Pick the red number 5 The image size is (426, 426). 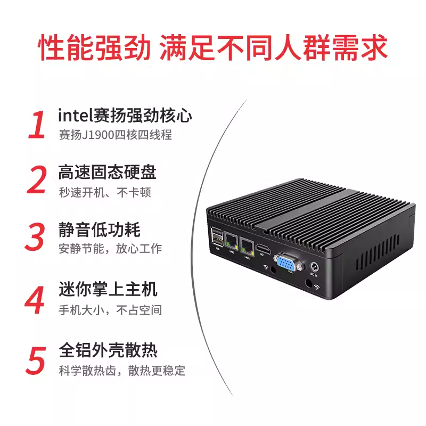37,359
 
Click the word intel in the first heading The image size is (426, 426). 75,116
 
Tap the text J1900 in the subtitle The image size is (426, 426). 96,135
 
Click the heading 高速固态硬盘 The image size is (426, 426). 107,173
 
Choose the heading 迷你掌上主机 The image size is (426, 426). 108,290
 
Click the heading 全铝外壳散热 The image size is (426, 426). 108,350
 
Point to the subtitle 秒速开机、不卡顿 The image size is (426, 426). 105,192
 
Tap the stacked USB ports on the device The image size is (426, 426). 217,238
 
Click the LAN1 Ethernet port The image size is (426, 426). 232,242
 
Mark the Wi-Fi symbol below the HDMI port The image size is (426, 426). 265,268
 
